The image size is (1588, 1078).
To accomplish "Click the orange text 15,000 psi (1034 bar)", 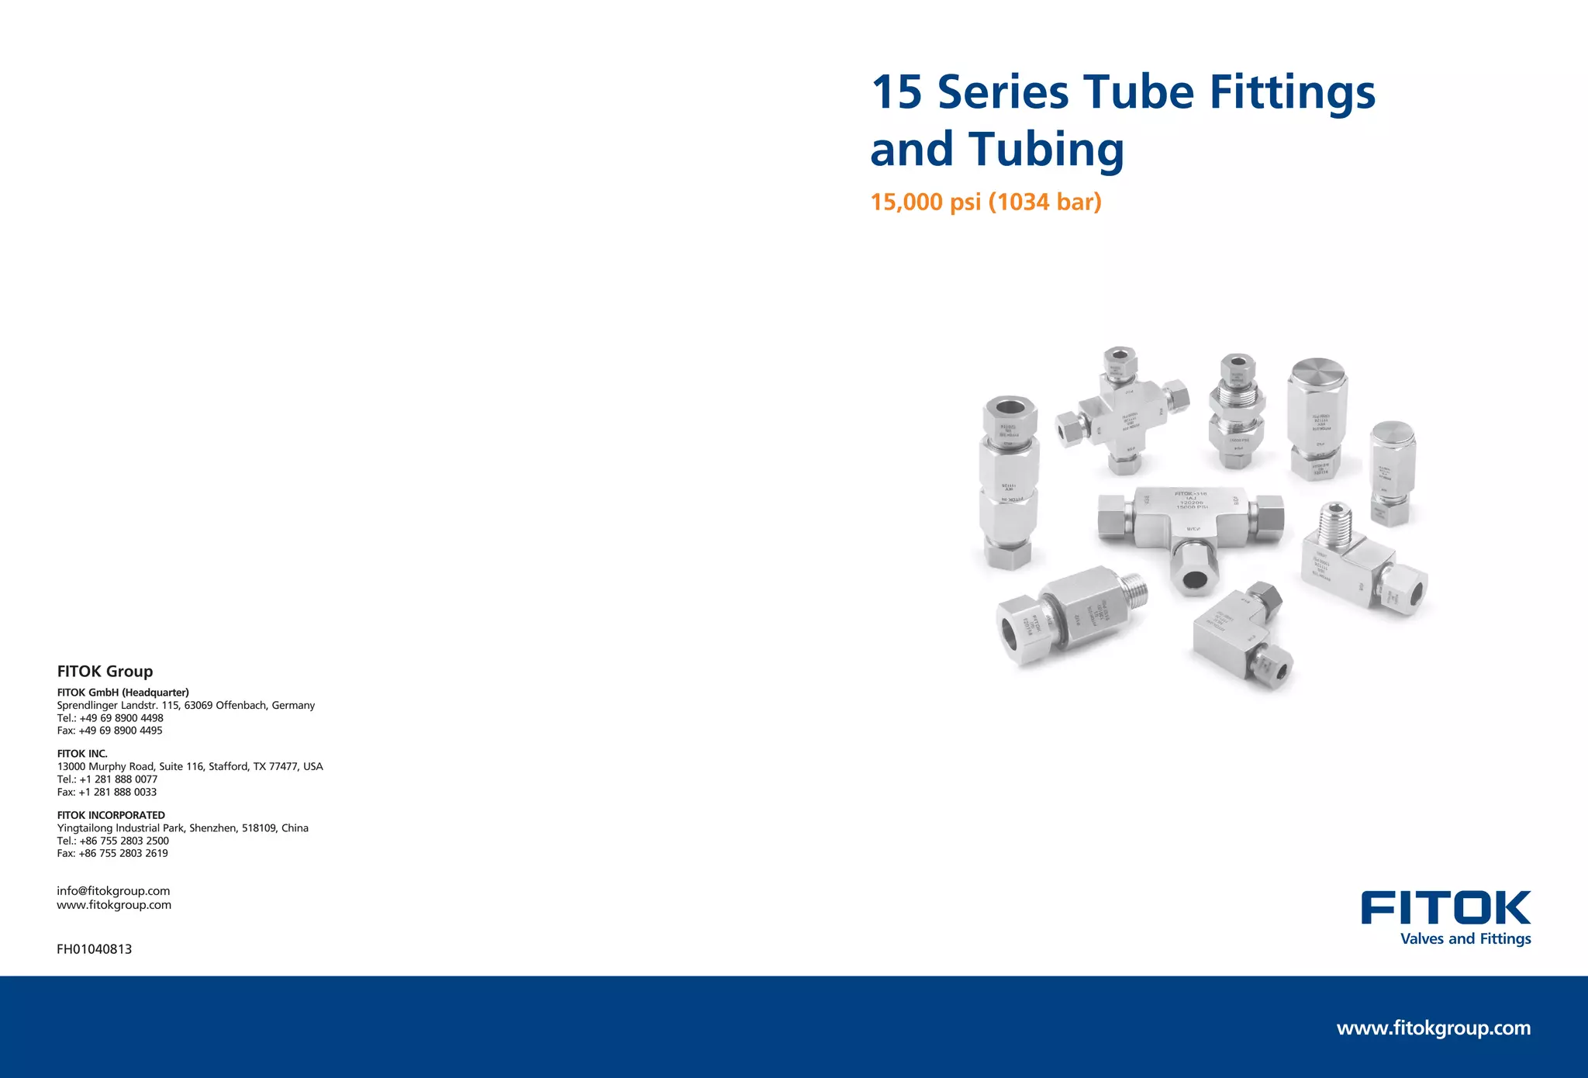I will coord(986,202).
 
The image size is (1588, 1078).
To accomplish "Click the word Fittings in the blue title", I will coord(1292,93).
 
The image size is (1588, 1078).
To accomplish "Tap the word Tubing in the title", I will coord(1046,149).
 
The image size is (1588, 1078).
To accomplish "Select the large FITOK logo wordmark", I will coord(1445,908).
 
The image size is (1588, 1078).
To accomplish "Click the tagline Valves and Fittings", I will coord(1465,938).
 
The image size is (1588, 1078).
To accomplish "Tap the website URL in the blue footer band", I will coord(1433,1028).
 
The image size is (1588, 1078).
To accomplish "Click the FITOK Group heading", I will coord(105,672).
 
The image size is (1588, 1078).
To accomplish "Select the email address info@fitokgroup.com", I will coord(113,891).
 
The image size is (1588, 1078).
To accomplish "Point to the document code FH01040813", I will coord(94,949).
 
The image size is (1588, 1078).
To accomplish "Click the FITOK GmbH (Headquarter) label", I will coord(123,693).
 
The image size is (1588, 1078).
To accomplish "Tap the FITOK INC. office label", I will coord(82,754).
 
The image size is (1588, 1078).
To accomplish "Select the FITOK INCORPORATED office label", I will coord(111,815).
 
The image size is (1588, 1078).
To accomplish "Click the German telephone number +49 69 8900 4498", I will coord(121,718).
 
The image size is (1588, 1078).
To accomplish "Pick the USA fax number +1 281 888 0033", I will coord(117,792).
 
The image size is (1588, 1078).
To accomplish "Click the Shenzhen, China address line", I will coord(182,828).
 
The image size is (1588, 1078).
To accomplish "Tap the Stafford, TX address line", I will coord(189,766).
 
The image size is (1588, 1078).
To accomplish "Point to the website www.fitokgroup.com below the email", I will coord(114,905).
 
